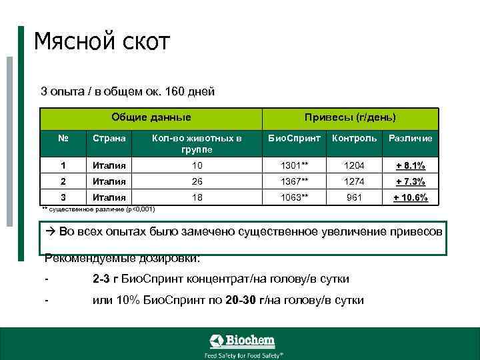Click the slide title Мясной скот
coord(103,42)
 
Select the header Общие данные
coord(151,117)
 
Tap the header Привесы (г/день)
coord(350,117)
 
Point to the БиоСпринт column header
coord(295,138)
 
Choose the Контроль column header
coord(354,138)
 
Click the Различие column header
coord(410,138)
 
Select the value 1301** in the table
coord(295,165)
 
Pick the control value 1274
coord(354,181)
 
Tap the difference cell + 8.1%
coord(410,165)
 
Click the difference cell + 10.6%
coord(410,198)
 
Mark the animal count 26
coord(197,181)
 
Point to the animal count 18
coord(197,197)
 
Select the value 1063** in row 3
coord(295,197)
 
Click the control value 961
coord(354,197)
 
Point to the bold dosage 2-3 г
coord(107,279)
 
